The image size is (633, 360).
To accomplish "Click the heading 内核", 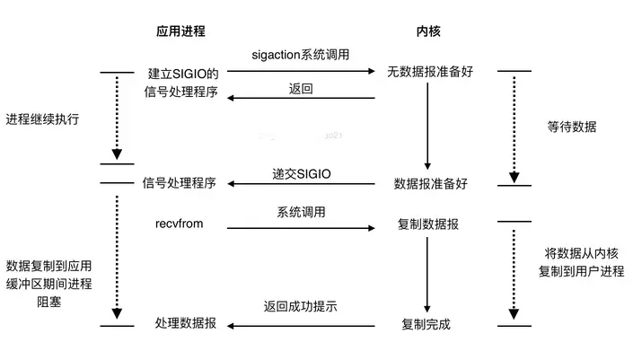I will [427, 31].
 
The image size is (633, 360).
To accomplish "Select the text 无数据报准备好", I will [428, 71].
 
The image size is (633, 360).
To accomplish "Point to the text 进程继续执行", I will [41, 119].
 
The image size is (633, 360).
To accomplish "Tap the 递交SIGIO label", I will [302, 171].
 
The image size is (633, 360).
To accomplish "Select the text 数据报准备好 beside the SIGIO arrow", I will [431, 184].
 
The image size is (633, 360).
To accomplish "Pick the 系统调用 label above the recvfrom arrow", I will [301, 214].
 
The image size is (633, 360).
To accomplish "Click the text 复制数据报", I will [428, 224].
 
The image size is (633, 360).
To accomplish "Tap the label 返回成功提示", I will [301, 306].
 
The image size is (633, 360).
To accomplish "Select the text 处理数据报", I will [185, 322].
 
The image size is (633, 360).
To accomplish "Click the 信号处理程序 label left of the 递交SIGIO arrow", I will [180, 184].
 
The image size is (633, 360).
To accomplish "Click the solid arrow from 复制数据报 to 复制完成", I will [427, 273].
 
